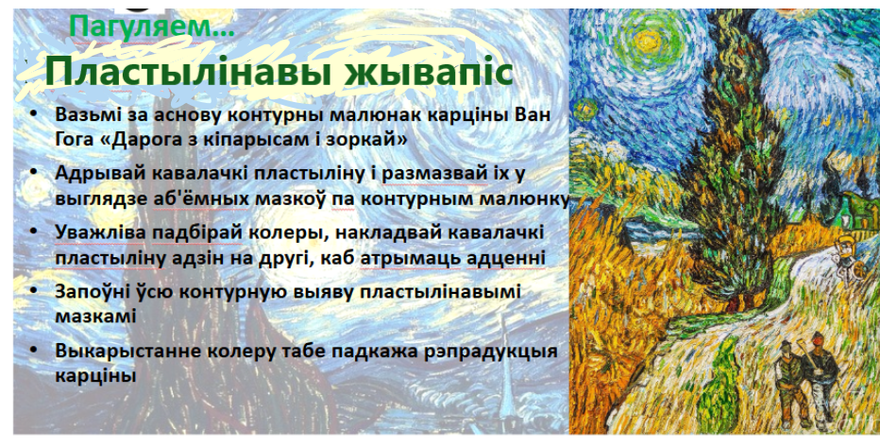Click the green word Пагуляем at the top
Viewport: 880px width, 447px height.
click(144, 26)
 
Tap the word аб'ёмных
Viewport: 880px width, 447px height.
click(200, 198)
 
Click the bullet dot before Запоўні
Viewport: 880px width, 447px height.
click(34, 291)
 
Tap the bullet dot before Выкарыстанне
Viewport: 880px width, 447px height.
click(34, 350)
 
